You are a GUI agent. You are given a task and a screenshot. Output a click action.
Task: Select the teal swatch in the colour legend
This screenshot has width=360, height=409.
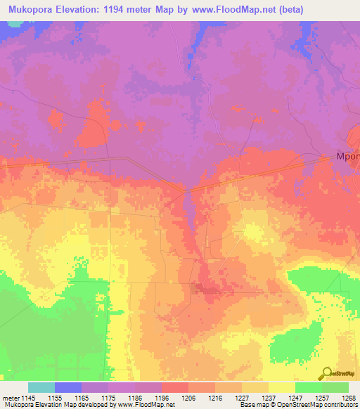41,387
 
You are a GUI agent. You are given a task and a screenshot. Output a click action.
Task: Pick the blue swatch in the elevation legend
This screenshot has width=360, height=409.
68,387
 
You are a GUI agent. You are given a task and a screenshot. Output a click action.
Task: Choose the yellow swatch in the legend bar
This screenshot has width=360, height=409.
282,387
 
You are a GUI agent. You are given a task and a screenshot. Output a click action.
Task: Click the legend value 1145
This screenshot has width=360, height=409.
27,398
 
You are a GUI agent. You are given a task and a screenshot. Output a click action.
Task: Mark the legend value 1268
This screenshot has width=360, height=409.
349,398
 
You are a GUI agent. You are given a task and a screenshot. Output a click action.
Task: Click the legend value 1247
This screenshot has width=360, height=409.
296,398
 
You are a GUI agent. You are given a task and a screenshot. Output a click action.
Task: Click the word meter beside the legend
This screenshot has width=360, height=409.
10,398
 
